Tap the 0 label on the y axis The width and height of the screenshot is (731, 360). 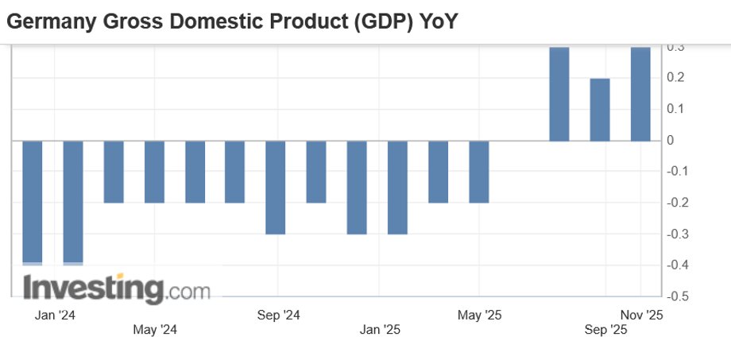(x=671, y=141)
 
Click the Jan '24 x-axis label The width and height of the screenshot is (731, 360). (x=56, y=315)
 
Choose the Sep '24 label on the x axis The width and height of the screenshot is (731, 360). (x=279, y=315)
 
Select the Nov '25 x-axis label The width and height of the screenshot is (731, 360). (x=641, y=315)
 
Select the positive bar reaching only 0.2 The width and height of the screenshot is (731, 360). (x=600, y=110)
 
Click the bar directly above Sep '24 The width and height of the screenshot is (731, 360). (x=276, y=188)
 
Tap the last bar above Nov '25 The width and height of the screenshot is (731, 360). (x=640, y=94)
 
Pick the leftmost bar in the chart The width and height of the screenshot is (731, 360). (x=33, y=203)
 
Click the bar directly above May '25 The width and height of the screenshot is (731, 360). (x=478, y=172)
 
